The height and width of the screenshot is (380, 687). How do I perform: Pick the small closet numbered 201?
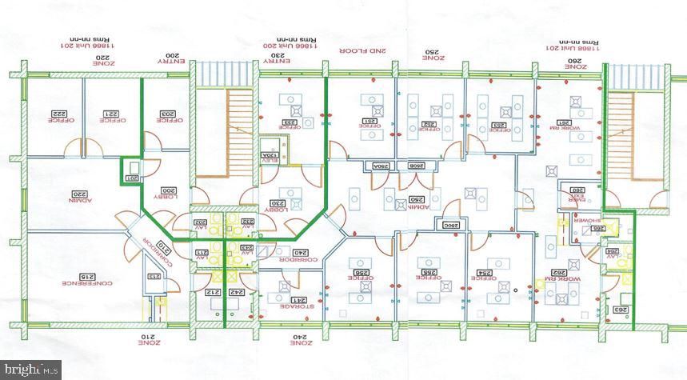tap(132, 178)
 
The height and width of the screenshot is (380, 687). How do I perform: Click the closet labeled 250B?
tap(416, 166)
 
